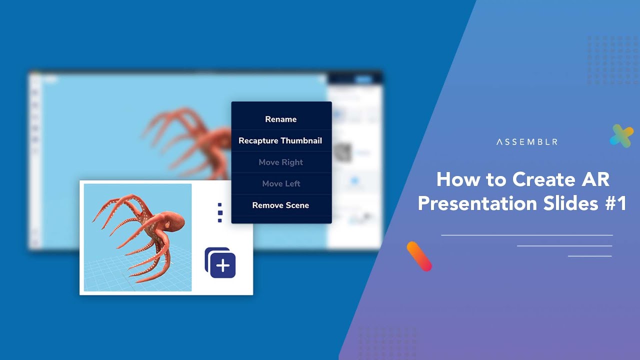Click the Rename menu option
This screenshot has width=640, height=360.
coord(280,119)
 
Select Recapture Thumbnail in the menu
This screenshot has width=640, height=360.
coord(280,140)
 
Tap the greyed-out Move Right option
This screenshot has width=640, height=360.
coord(280,162)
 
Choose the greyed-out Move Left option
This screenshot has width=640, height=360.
coord(280,183)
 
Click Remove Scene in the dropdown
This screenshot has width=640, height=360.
coord(280,205)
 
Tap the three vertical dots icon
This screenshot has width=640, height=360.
coord(220,212)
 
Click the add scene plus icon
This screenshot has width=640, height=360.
coord(221,263)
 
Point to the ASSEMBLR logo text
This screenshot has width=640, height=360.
coord(526,142)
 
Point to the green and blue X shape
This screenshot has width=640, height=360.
coord(621,135)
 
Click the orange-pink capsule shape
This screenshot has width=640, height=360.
coord(419,256)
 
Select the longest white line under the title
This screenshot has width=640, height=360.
coord(526,235)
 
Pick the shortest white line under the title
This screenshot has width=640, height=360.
coord(589,256)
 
